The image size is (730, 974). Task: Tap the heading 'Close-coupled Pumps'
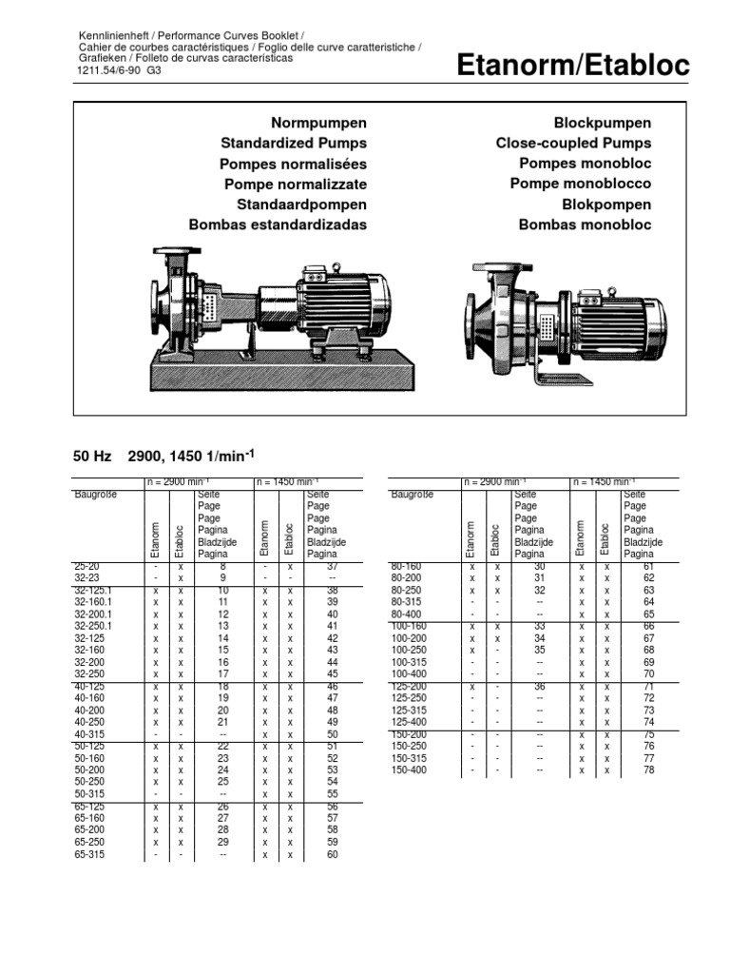pos(573,143)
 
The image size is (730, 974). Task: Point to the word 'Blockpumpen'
pos(602,123)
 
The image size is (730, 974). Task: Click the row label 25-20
pos(86,566)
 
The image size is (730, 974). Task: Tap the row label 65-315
pos(88,855)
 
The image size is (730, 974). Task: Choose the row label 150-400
pos(409,769)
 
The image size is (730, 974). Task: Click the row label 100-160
pos(409,627)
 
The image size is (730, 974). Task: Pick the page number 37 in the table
pos(332,566)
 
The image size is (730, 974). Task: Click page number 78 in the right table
pos(648,769)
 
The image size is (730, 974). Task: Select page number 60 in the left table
pos(332,855)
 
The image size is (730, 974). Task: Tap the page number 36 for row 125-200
pos(539,687)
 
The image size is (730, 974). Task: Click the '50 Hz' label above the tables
pos(92,458)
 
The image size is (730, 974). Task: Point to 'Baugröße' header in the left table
pos(95,495)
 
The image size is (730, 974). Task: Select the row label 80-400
pos(406,614)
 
